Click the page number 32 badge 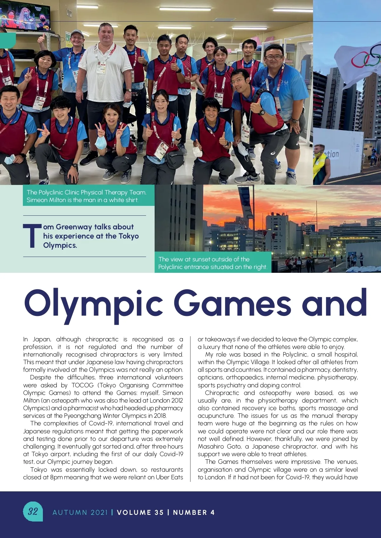pyautogui.click(x=33, y=511)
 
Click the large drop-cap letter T pyautogui.click(x=32, y=236)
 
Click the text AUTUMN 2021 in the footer pyautogui.click(x=80, y=512)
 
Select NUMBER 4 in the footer pyautogui.click(x=194, y=512)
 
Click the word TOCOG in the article pyautogui.click(x=83, y=385)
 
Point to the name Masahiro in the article pyautogui.click(x=211, y=447)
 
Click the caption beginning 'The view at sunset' pyautogui.click(x=213, y=263)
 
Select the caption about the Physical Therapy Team pyautogui.click(x=86, y=196)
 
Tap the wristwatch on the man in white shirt pyautogui.click(x=129, y=91)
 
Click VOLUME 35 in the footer pyautogui.click(x=140, y=512)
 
